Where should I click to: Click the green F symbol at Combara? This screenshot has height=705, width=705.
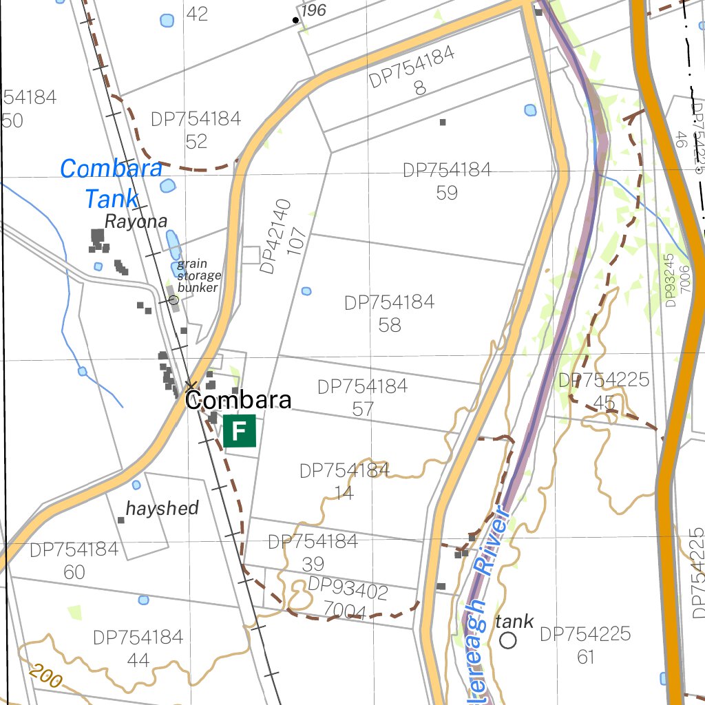coord(240,431)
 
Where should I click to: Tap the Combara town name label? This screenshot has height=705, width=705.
coord(238,400)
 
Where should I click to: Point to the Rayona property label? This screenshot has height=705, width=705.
coord(136,222)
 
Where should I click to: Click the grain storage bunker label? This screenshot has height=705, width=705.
coord(198,275)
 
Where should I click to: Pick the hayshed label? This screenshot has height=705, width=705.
coord(162,509)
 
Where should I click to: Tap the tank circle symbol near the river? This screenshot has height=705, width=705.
coord(508,640)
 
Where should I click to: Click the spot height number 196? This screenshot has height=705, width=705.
coord(313,10)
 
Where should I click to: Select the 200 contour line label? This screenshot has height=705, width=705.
coord(46,676)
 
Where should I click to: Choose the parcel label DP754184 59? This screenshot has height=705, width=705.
coord(447,181)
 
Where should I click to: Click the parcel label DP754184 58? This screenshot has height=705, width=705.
coord(390,313)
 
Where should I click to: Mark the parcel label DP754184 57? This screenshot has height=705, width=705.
coord(363,397)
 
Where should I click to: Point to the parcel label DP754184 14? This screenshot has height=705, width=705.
coord(344,482)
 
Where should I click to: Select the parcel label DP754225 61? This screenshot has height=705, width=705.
coord(585,645)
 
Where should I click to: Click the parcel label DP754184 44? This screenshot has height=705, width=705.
coord(138,649)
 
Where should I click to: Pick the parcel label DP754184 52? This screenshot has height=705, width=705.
coord(196,130)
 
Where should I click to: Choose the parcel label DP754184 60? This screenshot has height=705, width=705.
coord(74,561)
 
